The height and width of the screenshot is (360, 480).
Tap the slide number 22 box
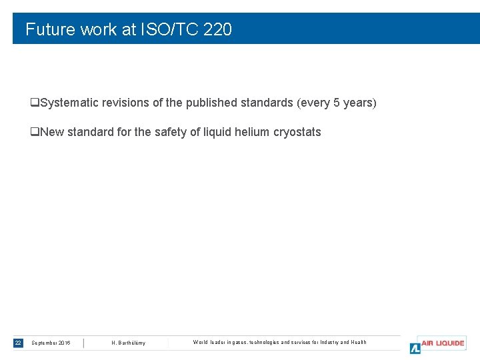pyautogui.click(x=18, y=343)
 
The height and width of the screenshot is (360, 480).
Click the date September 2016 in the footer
pyautogui.click(x=51, y=343)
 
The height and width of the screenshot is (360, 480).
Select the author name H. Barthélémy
pyautogui.click(x=128, y=343)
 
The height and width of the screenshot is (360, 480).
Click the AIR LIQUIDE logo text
pyautogui.click(x=443, y=343)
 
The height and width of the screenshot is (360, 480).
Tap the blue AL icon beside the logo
pyautogui.click(x=415, y=348)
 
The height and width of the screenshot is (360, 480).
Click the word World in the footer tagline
pyautogui.click(x=201, y=342)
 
